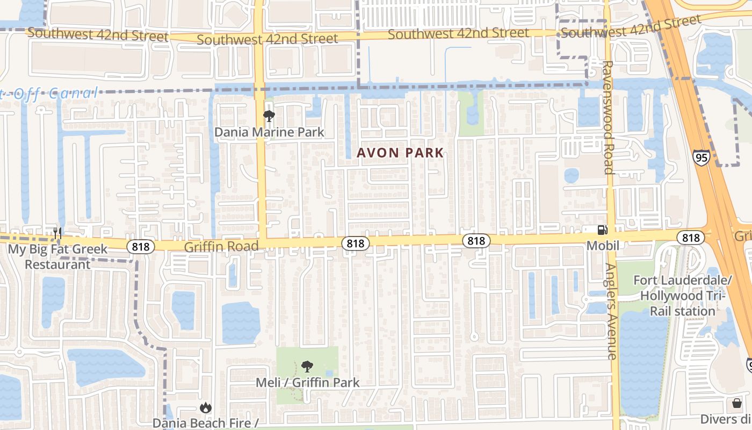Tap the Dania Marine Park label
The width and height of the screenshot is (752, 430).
[x=269, y=132]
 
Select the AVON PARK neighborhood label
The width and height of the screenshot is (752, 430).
[x=401, y=153]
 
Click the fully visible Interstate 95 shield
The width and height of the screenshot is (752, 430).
[x=700, y=157]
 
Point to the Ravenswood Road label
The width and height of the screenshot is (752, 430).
[x=608, y=117]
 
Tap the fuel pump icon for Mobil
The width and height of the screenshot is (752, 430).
[x=603, y=230]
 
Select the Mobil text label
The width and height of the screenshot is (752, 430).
[x=603, y=246]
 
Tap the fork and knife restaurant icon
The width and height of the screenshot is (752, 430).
[x=57, y=234]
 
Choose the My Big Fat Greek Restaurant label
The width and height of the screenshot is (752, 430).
[x=57, y=257]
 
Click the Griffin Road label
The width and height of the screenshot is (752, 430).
[x=221, y=246]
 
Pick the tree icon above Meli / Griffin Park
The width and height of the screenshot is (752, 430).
[x=307, y=367]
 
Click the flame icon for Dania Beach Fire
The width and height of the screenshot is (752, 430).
[x=205, y=408]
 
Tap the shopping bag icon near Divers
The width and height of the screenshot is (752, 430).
[x=736, y=403]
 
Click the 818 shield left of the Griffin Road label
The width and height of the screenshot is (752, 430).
[x=141, y=247]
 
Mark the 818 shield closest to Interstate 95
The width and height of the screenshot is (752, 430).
[x=691, y=238]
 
